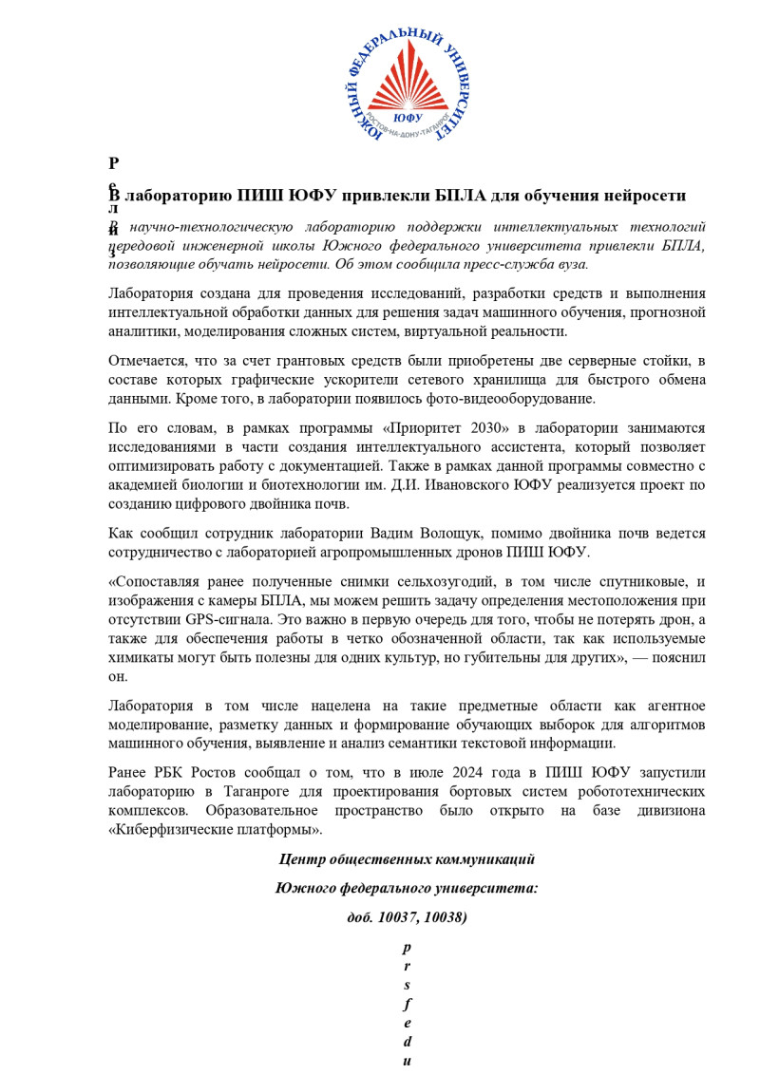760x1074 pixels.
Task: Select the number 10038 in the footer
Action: [443, 918]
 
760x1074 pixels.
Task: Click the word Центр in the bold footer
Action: [301, 859]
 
